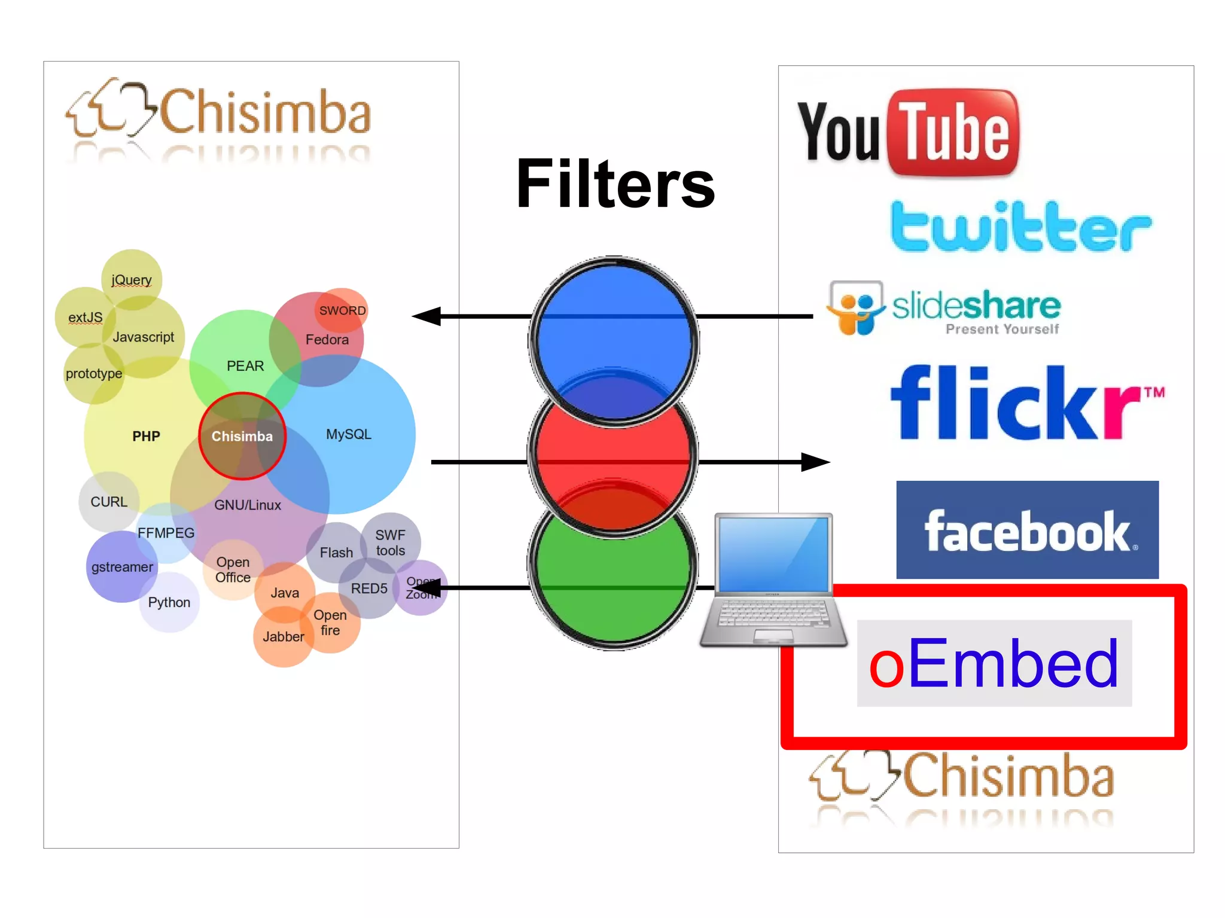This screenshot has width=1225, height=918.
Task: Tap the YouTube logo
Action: [908, 133]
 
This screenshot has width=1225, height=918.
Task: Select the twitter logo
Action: [1020, 227]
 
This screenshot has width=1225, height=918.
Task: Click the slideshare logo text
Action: [976, 306]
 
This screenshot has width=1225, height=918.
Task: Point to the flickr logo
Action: [1026, 403]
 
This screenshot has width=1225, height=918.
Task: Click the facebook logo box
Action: [1027, 529]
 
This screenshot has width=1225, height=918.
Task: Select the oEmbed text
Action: [994, 663]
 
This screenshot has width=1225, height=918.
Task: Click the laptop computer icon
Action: [773, 579]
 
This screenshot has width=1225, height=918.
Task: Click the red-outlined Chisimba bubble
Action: [242, 436]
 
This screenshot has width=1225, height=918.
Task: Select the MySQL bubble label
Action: [349, 434]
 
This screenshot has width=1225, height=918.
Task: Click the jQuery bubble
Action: [132, 279]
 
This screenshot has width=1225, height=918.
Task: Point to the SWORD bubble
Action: [342, 310]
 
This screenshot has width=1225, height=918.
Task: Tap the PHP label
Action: [146, 436]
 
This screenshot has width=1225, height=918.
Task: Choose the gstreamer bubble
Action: [122, 567]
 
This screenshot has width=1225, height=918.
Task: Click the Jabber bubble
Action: [283, 637]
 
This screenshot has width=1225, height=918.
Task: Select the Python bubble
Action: [169, 602]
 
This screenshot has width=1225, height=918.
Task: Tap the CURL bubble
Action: [109, 502]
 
